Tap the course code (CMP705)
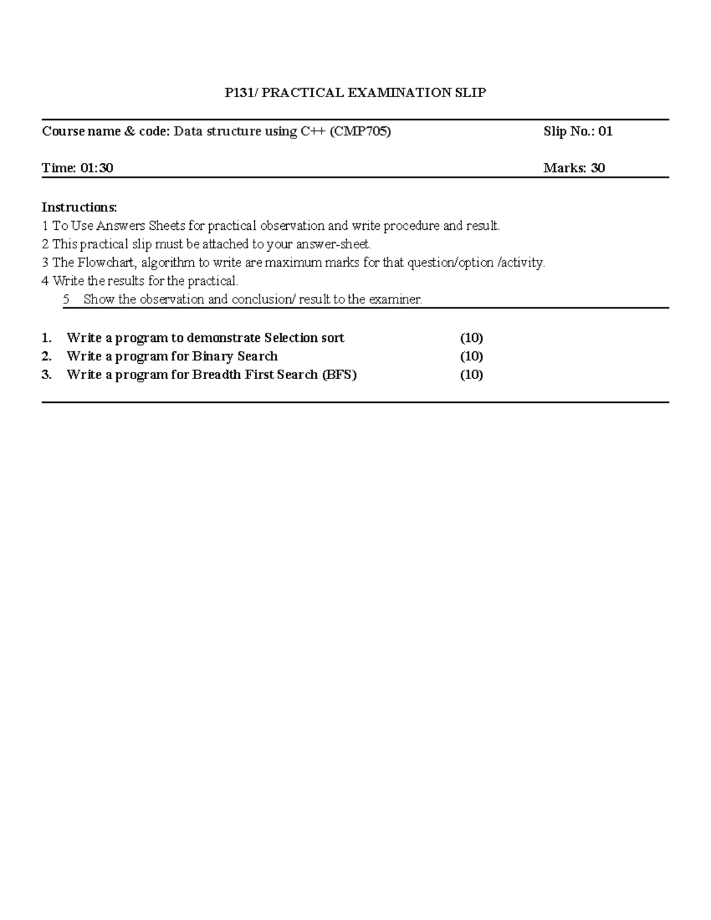[361, 132]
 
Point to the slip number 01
[605, 132]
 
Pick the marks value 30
[597, 168]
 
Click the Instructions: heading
[79, 207]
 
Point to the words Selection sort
[304, 338]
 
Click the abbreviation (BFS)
[339, 375]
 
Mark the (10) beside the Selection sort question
[472, 338]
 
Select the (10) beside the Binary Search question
[472, 357]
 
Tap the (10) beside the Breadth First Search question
[472, 375]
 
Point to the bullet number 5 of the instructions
[66, 299]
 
